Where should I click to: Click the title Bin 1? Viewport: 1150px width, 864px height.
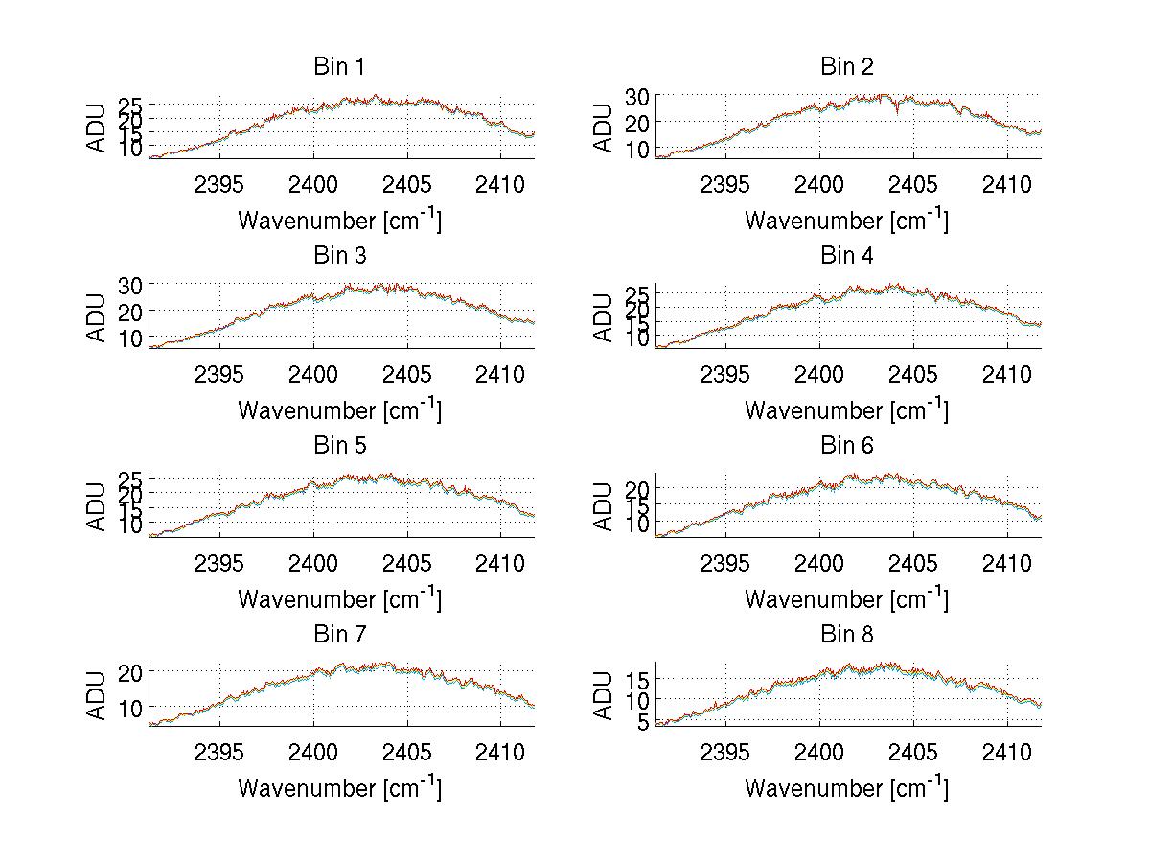[x=339, y=67]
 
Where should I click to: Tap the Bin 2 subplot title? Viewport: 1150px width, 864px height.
[x=847, y=67]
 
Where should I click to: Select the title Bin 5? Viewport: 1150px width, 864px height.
[x=339, y=446]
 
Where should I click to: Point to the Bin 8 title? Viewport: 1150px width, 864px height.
[x=847, y=635]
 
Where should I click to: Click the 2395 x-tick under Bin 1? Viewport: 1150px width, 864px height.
[x=219, y=184]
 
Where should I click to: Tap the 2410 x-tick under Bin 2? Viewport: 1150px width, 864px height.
[x=1007, y=184]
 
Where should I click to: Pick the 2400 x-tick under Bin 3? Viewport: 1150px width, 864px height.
[x=313, y=373]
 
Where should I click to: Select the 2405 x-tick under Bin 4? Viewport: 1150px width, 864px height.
[x=913, y=373]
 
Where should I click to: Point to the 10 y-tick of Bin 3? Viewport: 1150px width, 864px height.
[x=131, y=339]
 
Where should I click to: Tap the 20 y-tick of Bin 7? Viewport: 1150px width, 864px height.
[x=131, y=672]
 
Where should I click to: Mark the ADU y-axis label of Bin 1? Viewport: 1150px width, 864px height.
[x=97, y=128]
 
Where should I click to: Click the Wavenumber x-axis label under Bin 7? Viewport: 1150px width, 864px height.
[x=339, y=787]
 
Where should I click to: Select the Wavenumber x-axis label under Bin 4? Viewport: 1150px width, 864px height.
[x=847, y=409]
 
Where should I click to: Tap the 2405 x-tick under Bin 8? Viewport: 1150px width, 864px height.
[x=913, y=752]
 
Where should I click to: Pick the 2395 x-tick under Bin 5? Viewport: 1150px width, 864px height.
[x=219, y=563]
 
